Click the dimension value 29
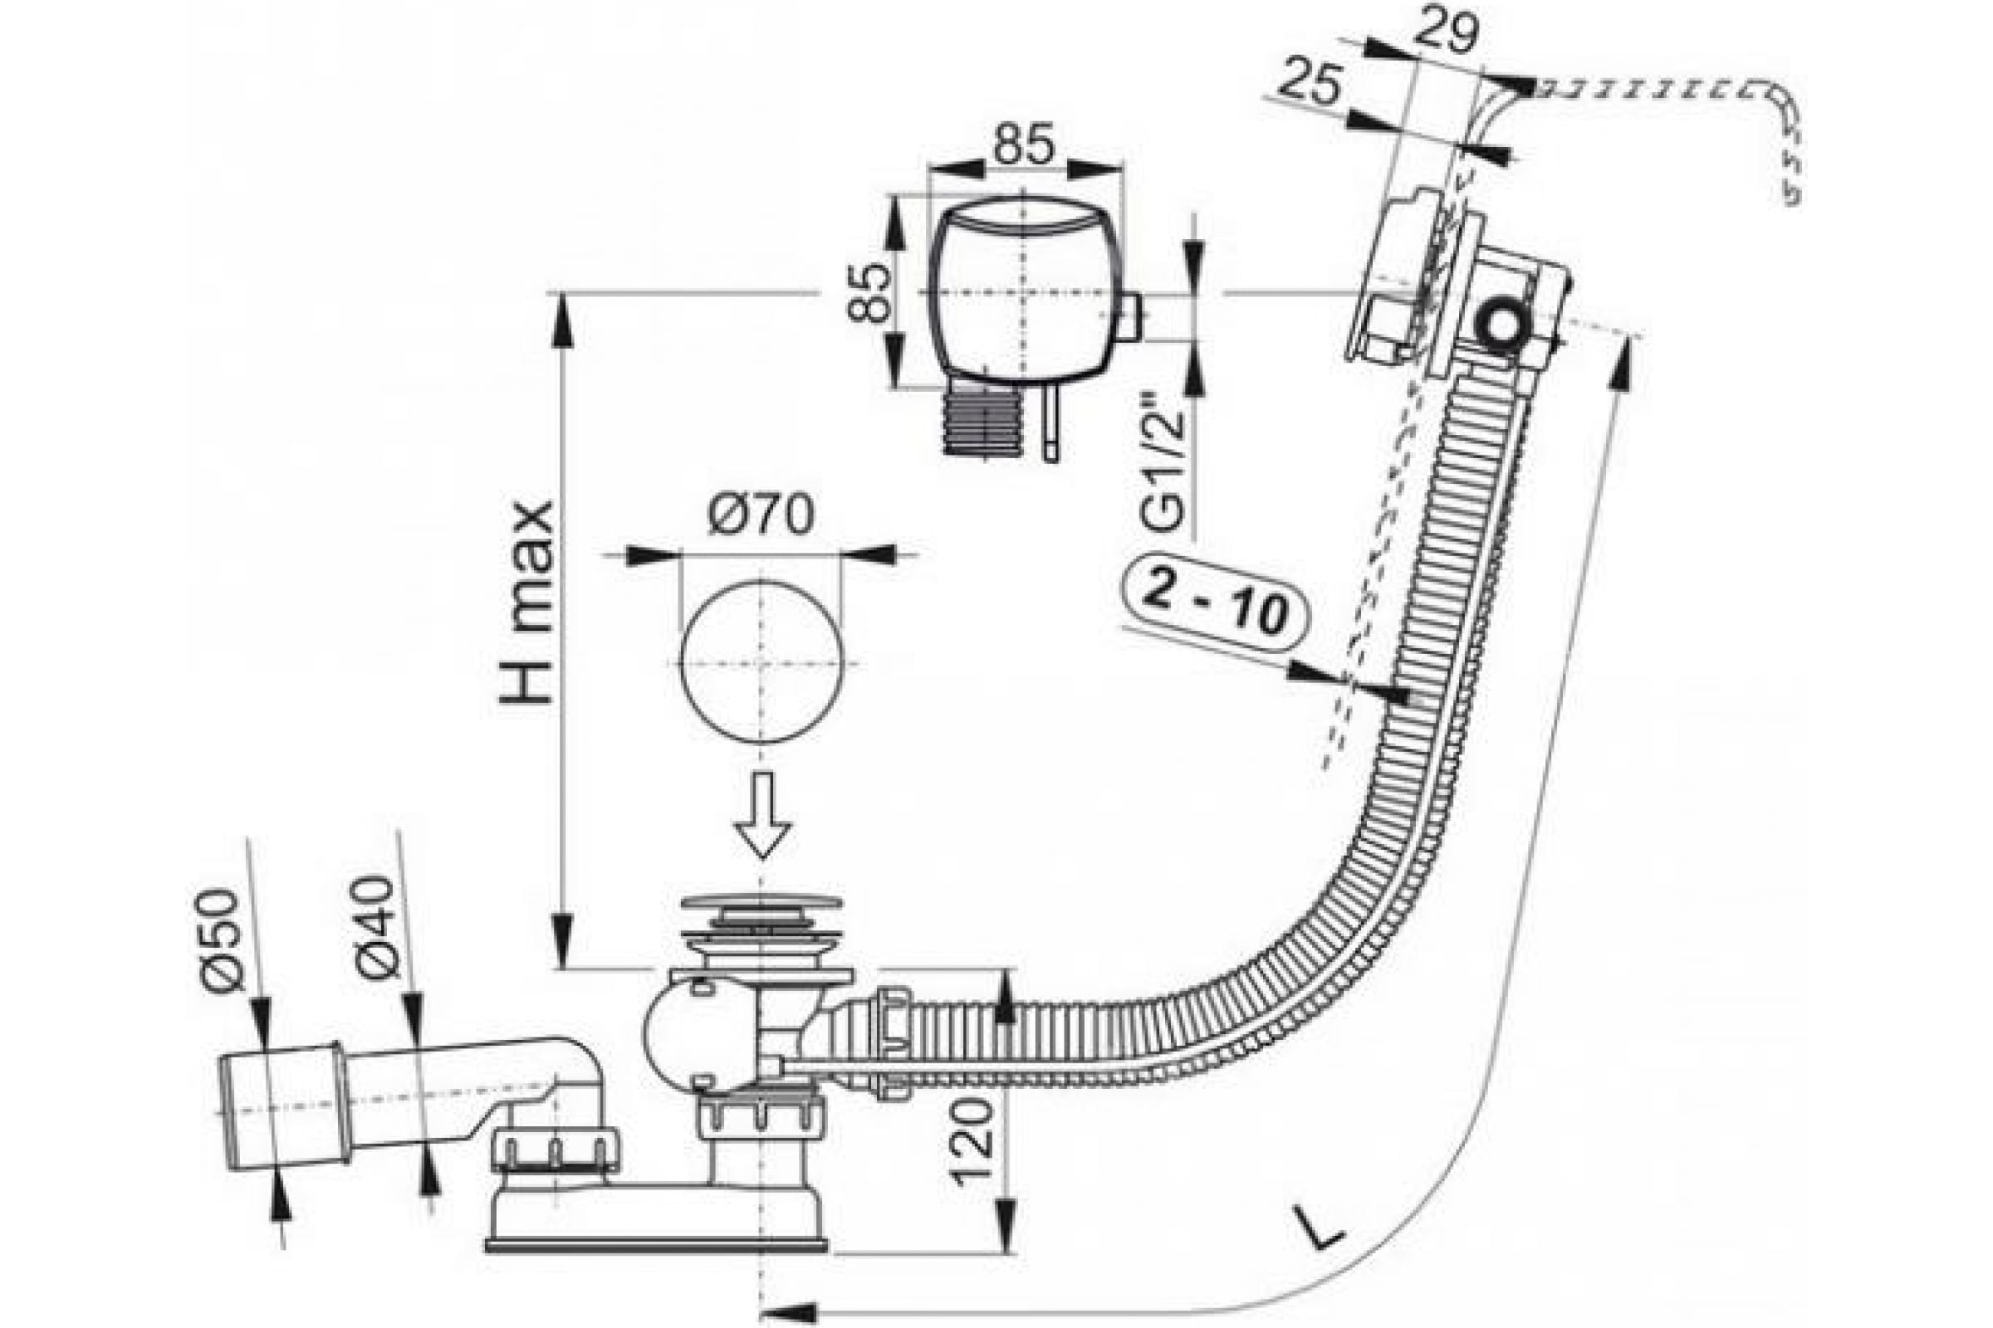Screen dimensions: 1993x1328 point(1446,32)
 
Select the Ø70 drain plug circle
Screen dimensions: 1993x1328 point(761,662)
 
